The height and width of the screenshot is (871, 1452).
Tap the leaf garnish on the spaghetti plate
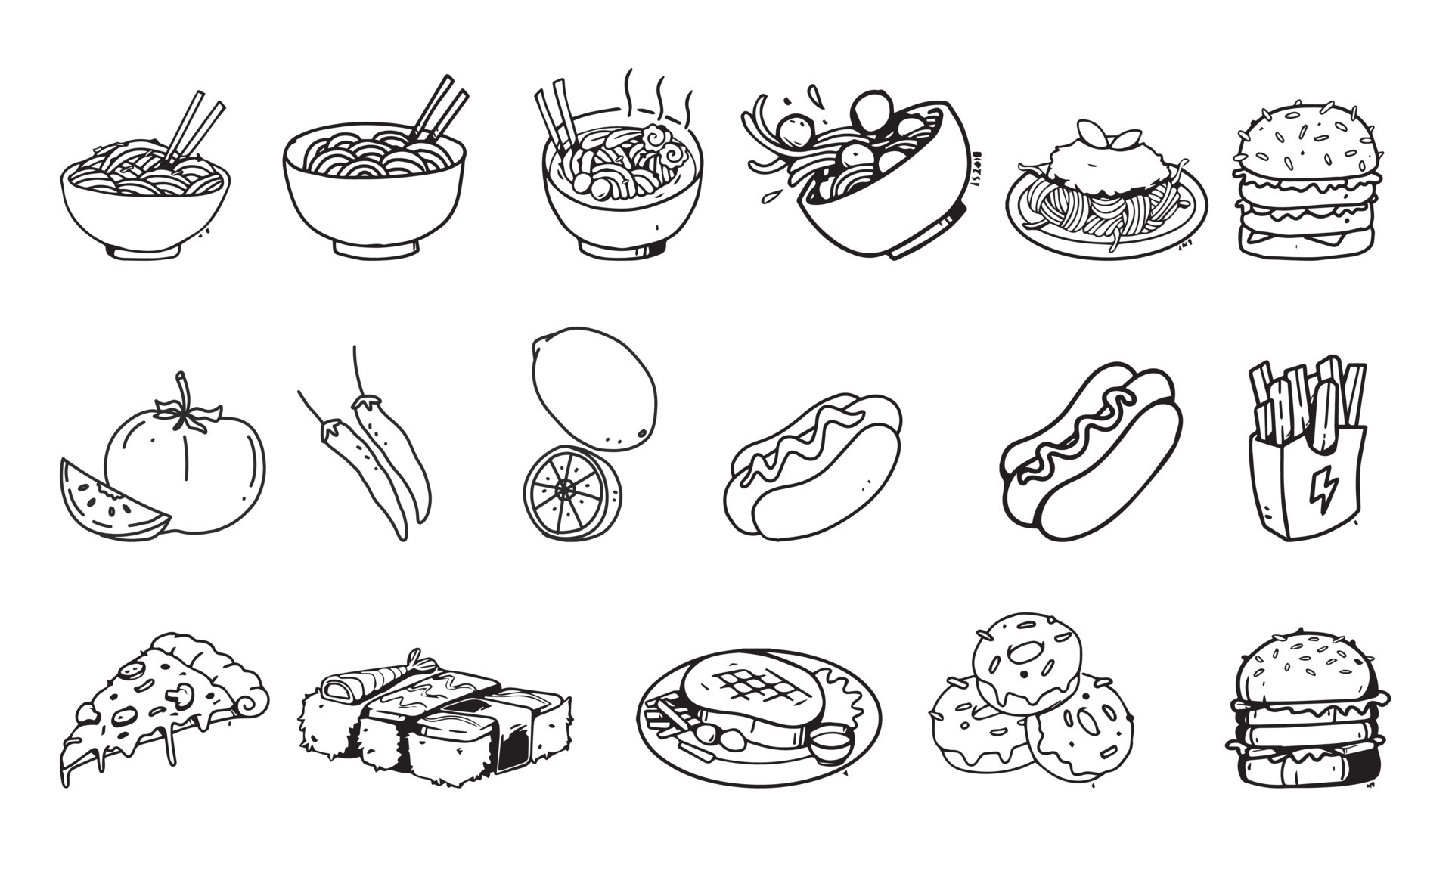tap(1108, 137)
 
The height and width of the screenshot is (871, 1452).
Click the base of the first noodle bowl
tap(144, 250)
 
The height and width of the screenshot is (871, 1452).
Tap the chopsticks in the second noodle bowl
tap(439, 110)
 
